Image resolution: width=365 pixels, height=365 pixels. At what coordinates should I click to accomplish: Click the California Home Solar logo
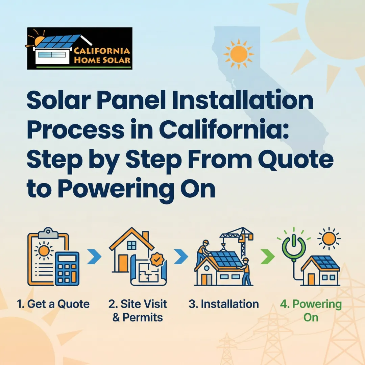coord(79,48)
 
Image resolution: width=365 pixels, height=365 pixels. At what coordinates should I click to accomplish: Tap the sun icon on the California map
coord(239,53)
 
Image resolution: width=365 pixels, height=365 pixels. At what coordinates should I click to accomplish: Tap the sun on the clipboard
coord(44,252)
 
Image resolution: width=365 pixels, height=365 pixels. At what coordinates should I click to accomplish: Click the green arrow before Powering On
coord(267,258)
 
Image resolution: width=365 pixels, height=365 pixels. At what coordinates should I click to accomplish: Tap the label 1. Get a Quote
coord(53,304)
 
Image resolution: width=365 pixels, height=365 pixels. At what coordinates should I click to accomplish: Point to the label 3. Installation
coord(224,304)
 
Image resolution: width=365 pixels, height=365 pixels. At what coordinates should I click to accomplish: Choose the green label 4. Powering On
coord(311,311)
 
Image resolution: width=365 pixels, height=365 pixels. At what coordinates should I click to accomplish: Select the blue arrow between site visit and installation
coord(181,258)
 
